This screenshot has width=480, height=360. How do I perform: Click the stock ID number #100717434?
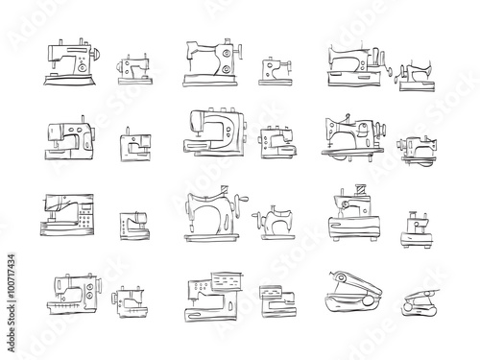[x=12, y=276]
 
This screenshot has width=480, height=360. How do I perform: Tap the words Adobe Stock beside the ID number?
[x=12, y=328]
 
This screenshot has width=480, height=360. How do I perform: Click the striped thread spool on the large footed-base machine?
[x=361, y=189]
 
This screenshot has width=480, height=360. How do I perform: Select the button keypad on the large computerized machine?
[x=84, y=221]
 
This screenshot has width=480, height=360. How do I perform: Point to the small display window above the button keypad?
[x=84, y=207]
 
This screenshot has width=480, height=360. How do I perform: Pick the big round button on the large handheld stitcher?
[x=368, y=301]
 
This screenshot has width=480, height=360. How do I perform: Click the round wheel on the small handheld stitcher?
[x=407, y=307]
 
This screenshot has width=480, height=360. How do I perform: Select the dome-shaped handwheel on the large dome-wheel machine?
[x=96, y=55]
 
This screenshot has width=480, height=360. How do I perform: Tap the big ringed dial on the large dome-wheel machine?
[x=83, y=67]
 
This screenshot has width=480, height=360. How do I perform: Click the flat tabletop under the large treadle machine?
[x=353, y=151]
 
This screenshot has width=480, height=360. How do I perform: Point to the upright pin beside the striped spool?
[x=342, y=192]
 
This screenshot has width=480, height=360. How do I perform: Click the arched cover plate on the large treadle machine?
[x=362, y=131]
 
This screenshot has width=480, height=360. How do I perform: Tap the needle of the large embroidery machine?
[x=193, y=300]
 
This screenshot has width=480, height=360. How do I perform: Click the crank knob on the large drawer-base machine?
[x=390, y=71]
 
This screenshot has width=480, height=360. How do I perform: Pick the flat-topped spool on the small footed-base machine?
[x=413, y=213]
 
